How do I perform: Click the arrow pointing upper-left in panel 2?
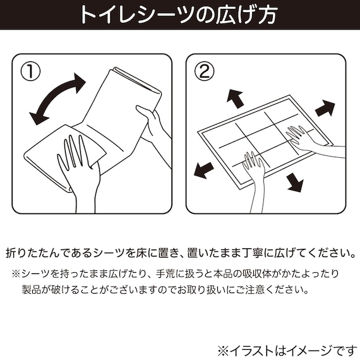234,98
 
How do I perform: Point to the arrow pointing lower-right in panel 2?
294,183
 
